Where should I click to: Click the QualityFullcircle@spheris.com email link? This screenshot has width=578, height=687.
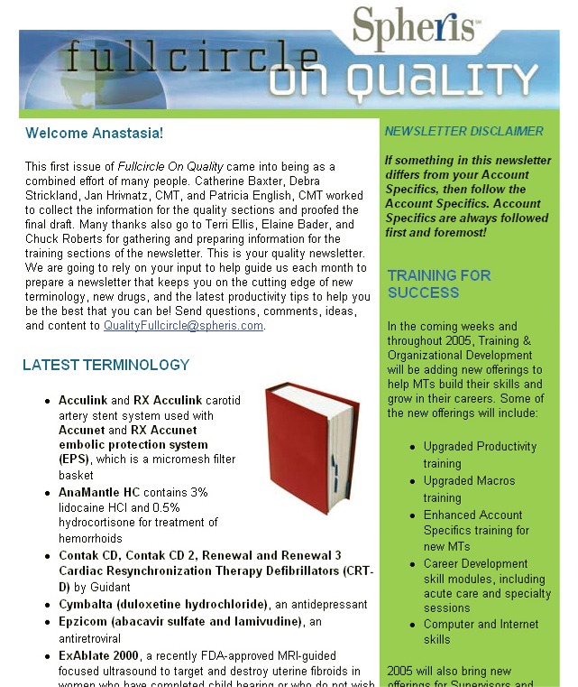(x=184, y=326)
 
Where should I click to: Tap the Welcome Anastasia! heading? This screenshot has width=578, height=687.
(x=95, y=134)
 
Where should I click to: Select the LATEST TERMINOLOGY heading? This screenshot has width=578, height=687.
(x=106, y=366)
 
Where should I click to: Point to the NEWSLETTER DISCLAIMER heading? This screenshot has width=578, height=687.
(x=463, y=132)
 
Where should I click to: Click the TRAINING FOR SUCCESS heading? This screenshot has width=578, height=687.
(x=439, y=284)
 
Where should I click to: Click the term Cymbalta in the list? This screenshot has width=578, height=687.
(x=85, y=604)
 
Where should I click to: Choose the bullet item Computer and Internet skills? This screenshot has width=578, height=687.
(x=481, y=631)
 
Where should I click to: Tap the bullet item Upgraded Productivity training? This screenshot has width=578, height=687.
(x=479, y=454)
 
